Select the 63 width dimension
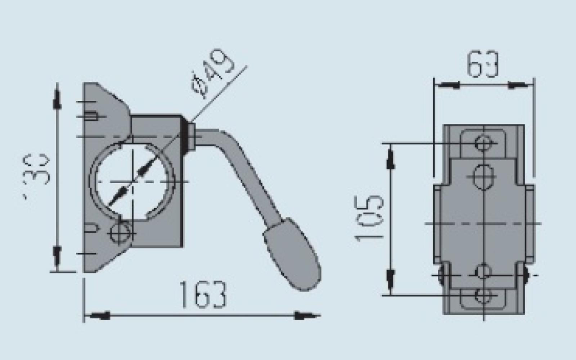tap(483, 65)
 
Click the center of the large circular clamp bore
tap(132, 181)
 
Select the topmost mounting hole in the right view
tap(483, 143)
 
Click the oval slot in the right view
tap(483, 177)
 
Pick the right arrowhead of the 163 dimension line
tap(306, 316)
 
